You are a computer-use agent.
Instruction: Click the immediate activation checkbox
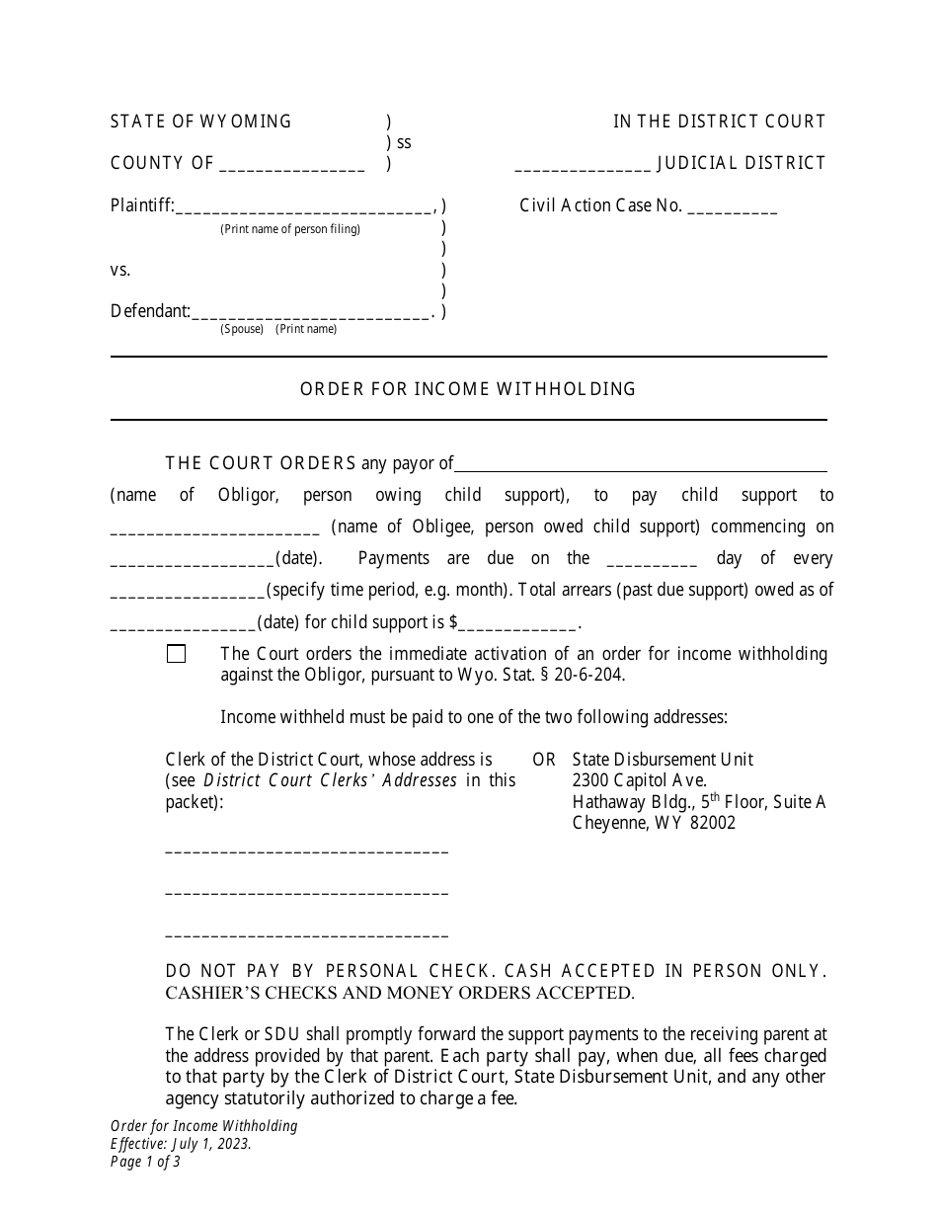coord(177,654)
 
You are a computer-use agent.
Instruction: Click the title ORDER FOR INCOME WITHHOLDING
coord(468,389)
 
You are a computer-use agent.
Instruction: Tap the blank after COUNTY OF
coord(291,166)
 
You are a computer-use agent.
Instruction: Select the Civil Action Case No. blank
coord(732,208)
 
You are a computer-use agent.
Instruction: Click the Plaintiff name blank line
coord(304,208)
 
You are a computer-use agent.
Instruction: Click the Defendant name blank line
coord(309,313)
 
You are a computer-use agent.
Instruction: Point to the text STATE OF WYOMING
coord(201,121)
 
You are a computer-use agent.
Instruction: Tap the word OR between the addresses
coord(544,760)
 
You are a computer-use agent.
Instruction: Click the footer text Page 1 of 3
coord(145,1162)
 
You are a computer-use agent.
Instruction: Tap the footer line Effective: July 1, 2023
coord(181,1144)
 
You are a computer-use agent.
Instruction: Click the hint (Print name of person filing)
coord(290,229)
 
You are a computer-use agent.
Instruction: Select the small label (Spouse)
coord(242,329)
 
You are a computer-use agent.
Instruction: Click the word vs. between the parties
coord(120,270)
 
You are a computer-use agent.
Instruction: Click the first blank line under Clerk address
coord(306,850)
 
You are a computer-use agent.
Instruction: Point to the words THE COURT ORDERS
coord(261,463)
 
